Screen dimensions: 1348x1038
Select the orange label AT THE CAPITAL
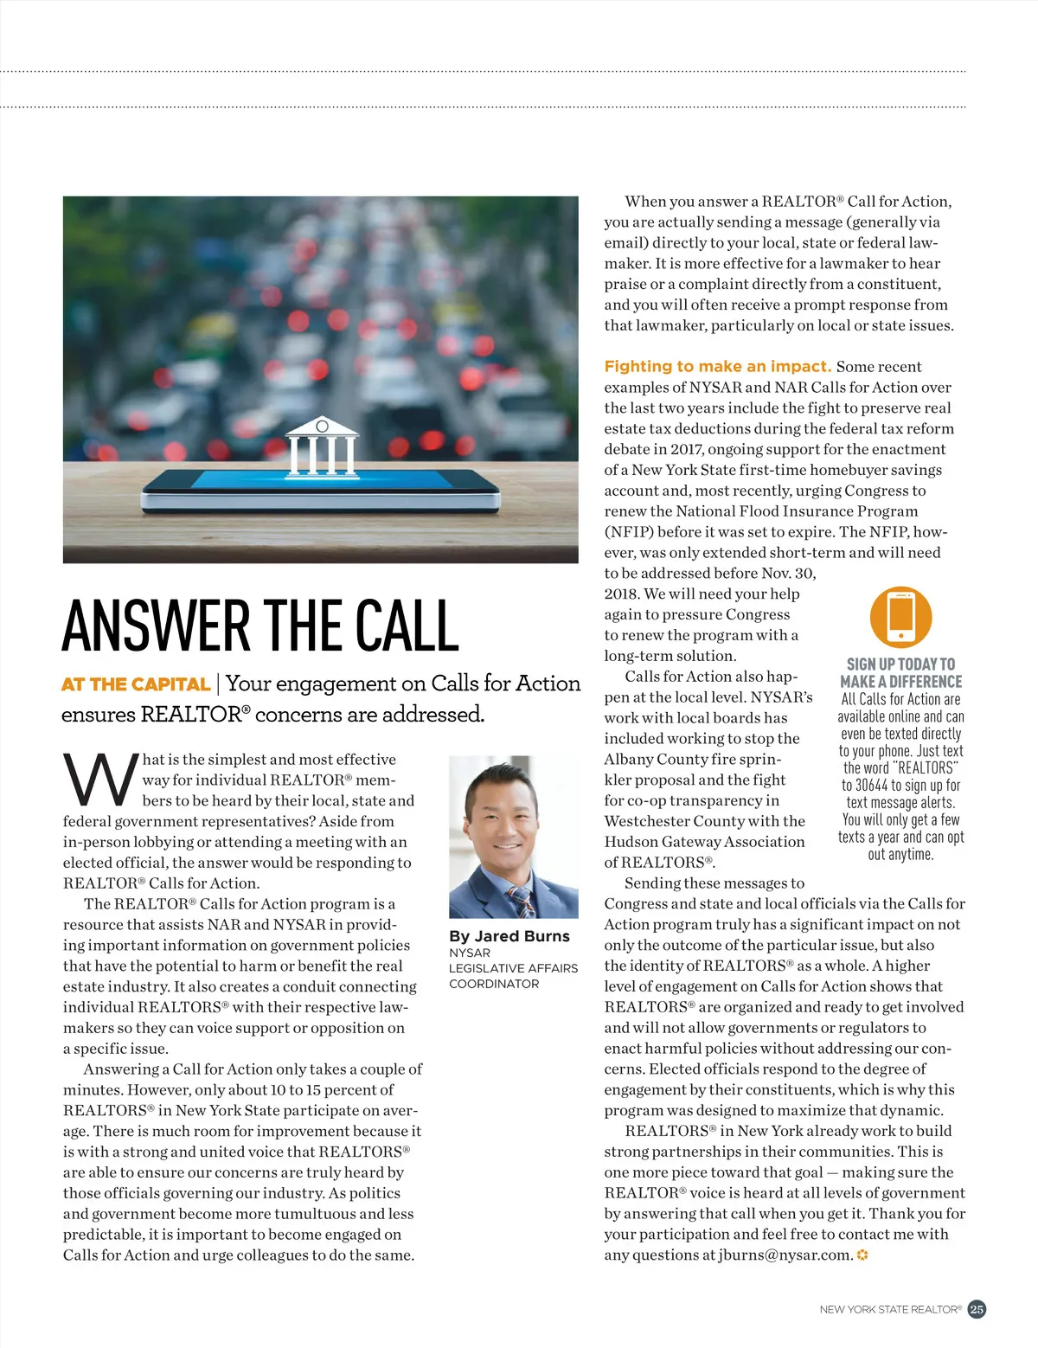click(x=136, y=684)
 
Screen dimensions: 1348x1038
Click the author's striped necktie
click(x=521, y=900)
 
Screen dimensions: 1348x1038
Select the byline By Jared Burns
click(x=509, y=936)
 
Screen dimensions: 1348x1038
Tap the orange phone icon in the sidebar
click(x=900, y=617)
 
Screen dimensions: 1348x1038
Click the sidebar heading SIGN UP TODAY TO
click(x=900, y=664)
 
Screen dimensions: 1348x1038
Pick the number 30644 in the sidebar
click(x=871, y=786)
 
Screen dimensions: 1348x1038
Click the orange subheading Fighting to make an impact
click(x=717, y=366)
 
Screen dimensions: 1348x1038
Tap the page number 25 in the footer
click(x=977, y=1309)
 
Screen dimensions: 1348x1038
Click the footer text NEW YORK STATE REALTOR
click(x=889, y=1310)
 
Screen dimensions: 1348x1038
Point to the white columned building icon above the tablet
click(x=322, y=446)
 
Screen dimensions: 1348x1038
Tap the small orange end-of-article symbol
click(x=862, y=1255)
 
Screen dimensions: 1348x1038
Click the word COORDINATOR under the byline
click(x=494, y=984)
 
